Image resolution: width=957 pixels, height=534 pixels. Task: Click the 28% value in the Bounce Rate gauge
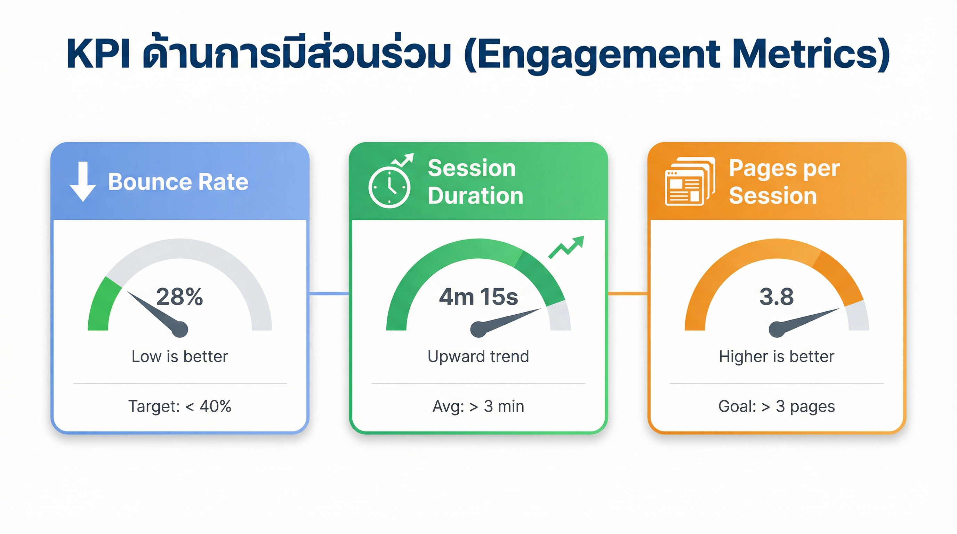179,297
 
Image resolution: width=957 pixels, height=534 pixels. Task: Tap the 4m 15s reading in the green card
478,297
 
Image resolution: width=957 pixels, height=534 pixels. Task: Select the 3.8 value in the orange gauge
777,297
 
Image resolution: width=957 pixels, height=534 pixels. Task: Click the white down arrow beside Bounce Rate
83,181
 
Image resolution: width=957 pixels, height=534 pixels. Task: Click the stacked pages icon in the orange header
689,181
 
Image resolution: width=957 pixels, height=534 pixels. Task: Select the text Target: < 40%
179,406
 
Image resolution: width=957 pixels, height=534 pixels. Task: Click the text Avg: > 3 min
478,406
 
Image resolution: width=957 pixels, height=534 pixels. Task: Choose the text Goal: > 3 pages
777,406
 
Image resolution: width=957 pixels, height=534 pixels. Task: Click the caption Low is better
179,356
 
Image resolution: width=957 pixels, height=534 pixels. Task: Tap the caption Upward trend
478,356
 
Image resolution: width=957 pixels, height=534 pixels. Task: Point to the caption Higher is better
777,356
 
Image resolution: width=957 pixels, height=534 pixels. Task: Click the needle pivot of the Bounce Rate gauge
179,329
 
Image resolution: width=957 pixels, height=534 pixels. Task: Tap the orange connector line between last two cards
627,294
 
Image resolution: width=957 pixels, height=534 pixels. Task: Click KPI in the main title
98,55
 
